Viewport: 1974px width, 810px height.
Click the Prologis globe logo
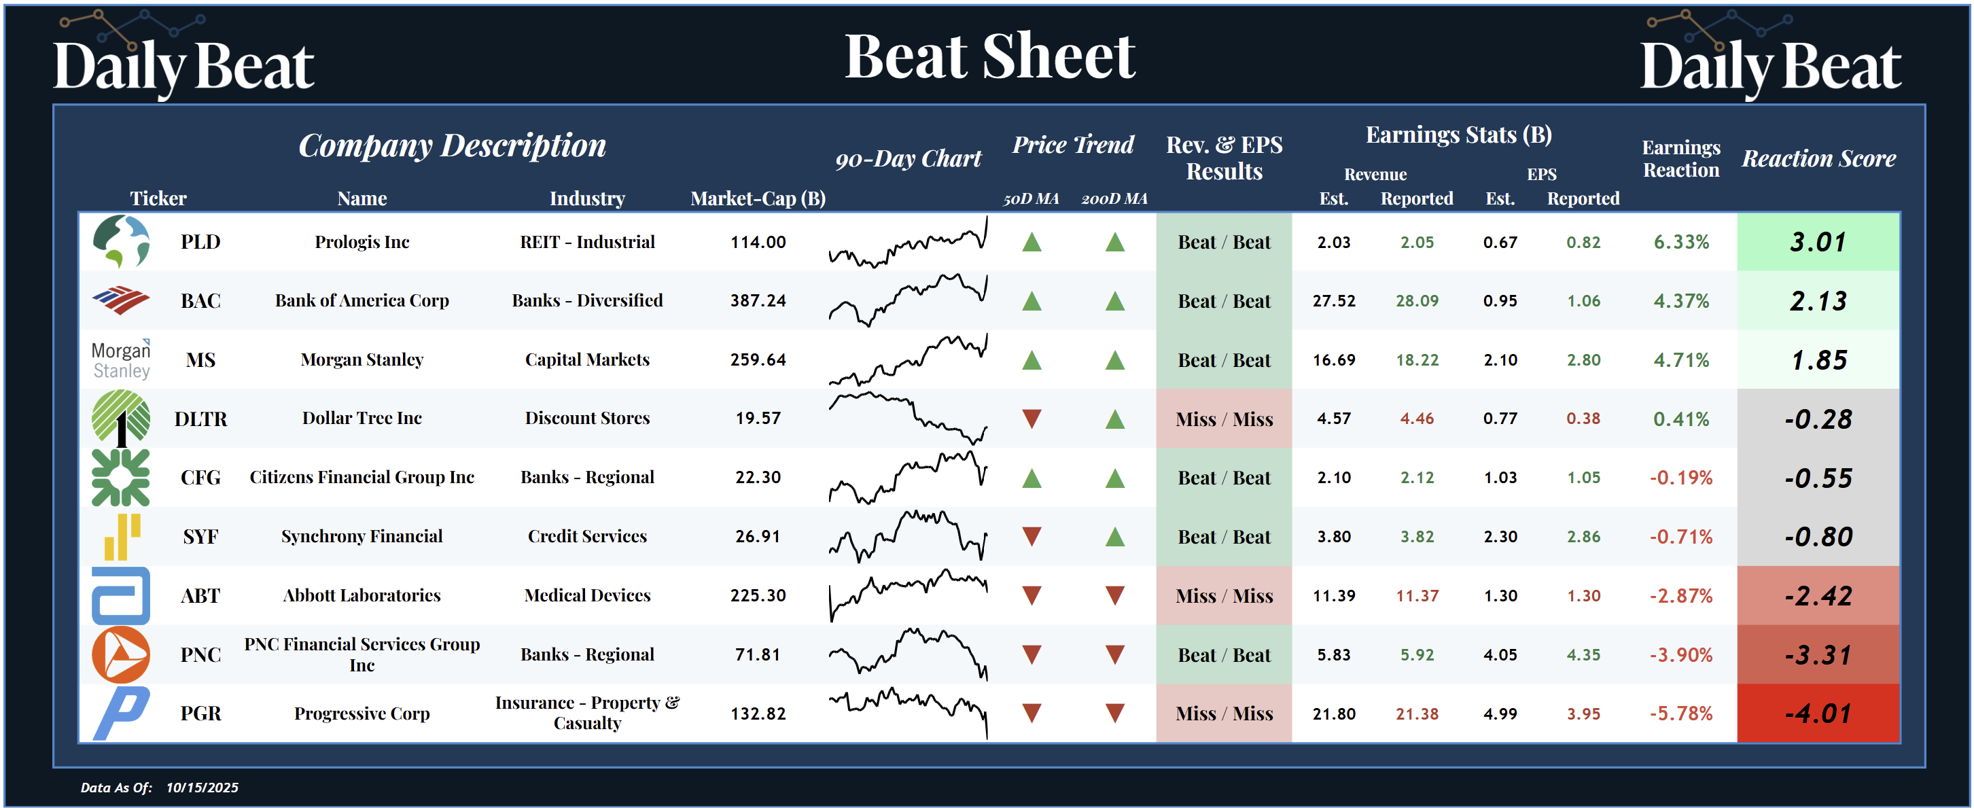click(121, 241)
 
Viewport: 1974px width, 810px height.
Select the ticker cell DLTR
click(200, 419)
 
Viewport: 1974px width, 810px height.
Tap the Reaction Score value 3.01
click(1818, 242)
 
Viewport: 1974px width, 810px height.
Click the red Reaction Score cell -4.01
click(1818, 714)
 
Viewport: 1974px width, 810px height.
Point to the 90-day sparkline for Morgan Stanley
click(908, 359)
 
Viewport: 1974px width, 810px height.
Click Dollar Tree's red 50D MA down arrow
click(1032, 419)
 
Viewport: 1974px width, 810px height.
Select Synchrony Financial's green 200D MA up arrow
click(1114, 536)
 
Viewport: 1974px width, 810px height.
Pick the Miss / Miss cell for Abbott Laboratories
click(1224, 595)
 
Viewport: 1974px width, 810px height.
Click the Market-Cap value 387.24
click(758, 300)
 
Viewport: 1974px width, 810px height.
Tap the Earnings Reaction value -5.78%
click(1680, 714)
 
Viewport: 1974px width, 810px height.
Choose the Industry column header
click(587, 198)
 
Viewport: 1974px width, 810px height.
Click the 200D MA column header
click(1114, 199)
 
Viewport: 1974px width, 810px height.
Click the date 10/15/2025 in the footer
click(202, 787)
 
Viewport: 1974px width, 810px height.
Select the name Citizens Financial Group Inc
click(362, 478)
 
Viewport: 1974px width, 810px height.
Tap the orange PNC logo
click(121, 654)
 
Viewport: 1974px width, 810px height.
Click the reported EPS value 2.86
click(1583, 536)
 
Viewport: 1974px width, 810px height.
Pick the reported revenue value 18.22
click(1417, 359)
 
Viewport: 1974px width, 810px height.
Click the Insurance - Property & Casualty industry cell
click(587, 713)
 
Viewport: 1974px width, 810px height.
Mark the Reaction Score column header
click(1818, 158)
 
